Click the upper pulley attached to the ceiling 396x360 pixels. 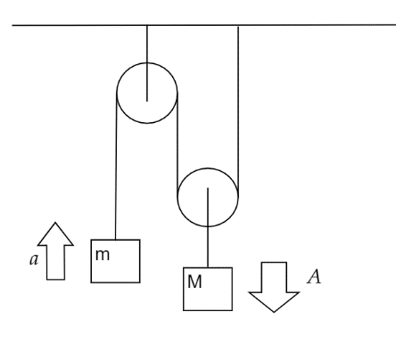[117, 93]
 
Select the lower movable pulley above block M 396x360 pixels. [177, 197]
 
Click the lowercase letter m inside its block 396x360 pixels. [103, 255]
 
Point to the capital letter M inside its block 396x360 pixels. [194, 282]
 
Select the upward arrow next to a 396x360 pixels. [55, 251]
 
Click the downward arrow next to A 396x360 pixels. [274, 287]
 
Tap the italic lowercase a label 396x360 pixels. [34, 259]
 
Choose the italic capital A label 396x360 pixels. [314, 277]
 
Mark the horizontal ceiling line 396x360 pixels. [204, 25]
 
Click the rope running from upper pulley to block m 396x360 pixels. [116, 167]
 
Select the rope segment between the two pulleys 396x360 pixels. [177, 145]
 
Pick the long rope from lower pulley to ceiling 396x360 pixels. [238, 111]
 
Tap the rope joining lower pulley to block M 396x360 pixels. [208, 227]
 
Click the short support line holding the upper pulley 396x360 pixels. [147, 63]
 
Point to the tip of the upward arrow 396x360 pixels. [55, 223]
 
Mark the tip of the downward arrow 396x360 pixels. [274, 312]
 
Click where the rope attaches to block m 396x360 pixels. [115, 240]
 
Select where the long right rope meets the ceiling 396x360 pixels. [238, 26]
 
